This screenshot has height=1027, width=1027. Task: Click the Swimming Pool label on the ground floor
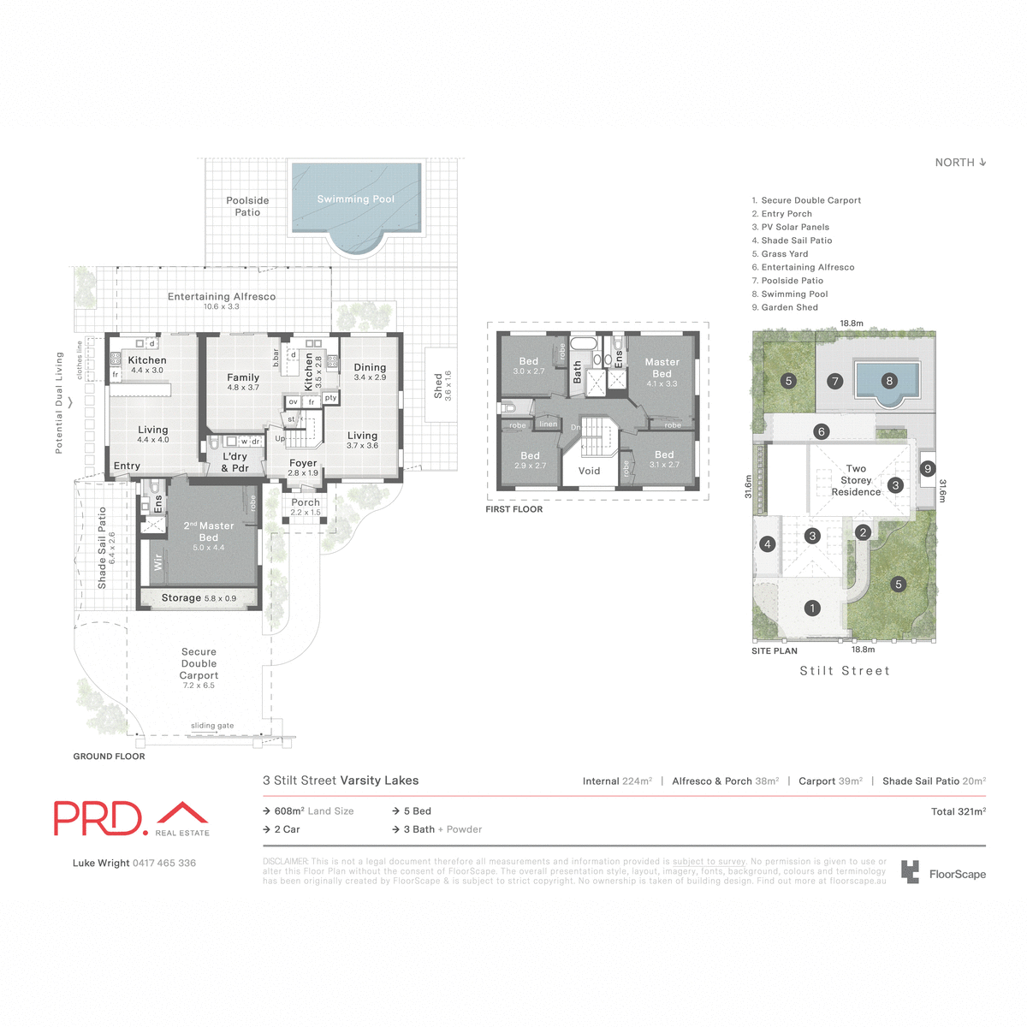pos(356,199)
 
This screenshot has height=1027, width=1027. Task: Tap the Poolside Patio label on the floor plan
pos(247,206)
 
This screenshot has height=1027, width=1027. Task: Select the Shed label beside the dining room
pos(442,386)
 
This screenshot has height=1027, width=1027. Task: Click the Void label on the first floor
pos(589,471)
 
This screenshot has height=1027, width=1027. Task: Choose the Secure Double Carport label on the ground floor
pos(199,668)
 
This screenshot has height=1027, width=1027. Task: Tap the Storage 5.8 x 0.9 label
pos(199,598)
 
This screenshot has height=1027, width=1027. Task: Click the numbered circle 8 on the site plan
pos(889,381)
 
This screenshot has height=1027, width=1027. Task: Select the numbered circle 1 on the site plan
pos(812,608)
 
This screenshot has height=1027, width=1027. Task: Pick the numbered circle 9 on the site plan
pos(928,469)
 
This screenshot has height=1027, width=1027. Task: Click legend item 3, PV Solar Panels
pos(791,228)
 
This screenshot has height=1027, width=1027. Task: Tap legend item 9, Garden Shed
pos(785,307)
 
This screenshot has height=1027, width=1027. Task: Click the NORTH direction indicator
pos(960,163)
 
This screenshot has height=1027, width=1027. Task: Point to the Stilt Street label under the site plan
pos(845,671)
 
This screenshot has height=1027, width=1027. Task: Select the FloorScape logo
pos(944,874)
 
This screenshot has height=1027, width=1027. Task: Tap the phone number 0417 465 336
pos(164,864)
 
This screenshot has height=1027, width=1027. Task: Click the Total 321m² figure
pos(958,811)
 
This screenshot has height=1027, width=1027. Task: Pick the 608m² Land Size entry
pos(313,811)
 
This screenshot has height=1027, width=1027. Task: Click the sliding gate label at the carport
pos(212,726)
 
